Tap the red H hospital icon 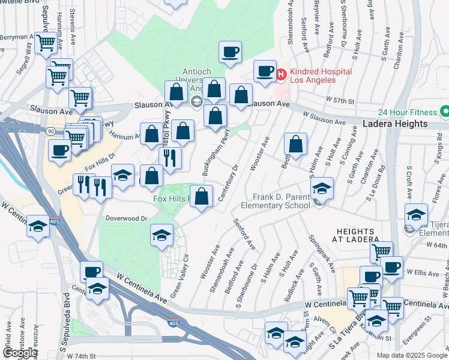[x=280, y=74]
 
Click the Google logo [x=19, y=353]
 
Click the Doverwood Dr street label [x=126, y=219]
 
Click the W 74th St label [x=82, y=356]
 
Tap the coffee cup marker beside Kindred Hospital [x=264, y=72]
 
